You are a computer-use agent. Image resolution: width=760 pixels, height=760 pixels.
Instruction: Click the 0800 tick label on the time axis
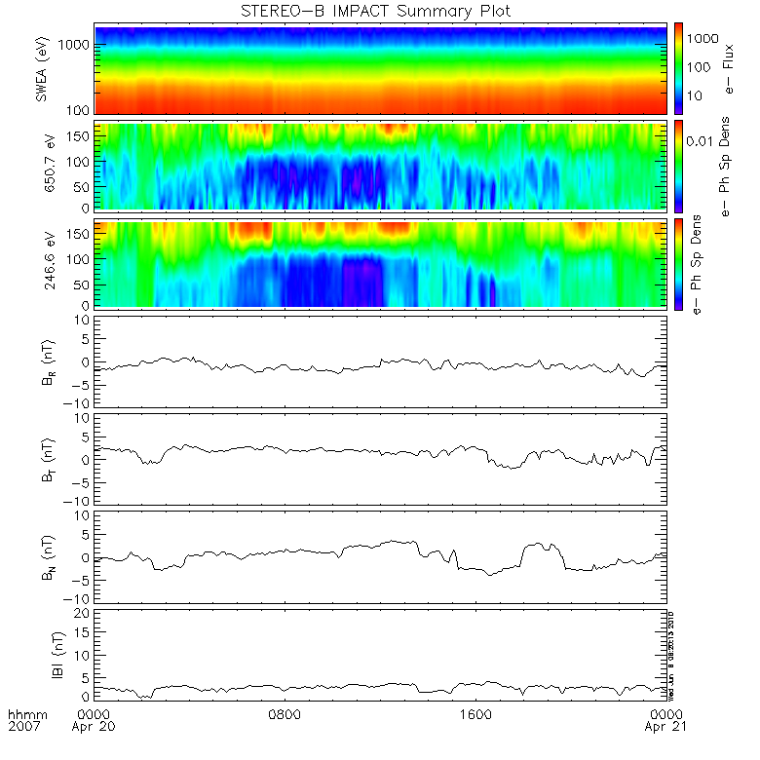285,713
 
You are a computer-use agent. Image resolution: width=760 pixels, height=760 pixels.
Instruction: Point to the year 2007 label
24,727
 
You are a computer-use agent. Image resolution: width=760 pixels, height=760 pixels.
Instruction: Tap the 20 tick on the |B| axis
84,612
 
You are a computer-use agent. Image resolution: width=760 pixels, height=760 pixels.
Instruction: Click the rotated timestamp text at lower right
672,655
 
